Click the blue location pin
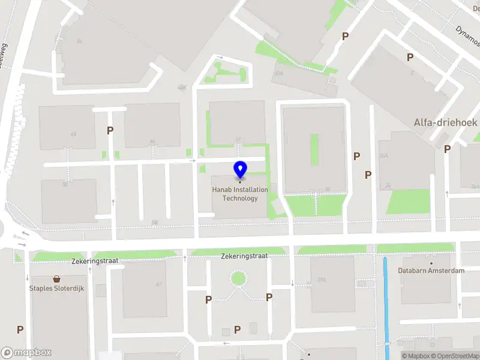(240, 170)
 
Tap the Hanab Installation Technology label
(240, 194)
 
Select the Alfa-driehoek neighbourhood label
(445, 122)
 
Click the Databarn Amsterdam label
(431, 271)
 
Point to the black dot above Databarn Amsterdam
(431, 263)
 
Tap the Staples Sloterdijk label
(57, 288)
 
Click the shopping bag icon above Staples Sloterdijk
(57, 279)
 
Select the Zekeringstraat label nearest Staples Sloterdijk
(95, 262)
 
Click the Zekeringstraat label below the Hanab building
(244, 256)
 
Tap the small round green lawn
(239, 278)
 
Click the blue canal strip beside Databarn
(386, 306)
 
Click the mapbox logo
(26, 353)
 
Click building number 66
(79, 41)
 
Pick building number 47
(159, 284)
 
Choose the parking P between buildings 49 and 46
(110, 130)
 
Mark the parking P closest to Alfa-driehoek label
(447, 149)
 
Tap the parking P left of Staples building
(20, 329)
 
